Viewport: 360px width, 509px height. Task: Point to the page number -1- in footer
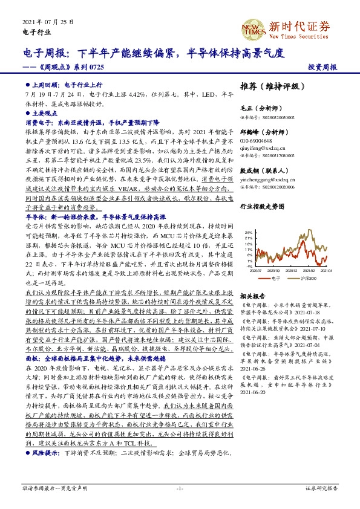coord(179,488)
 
